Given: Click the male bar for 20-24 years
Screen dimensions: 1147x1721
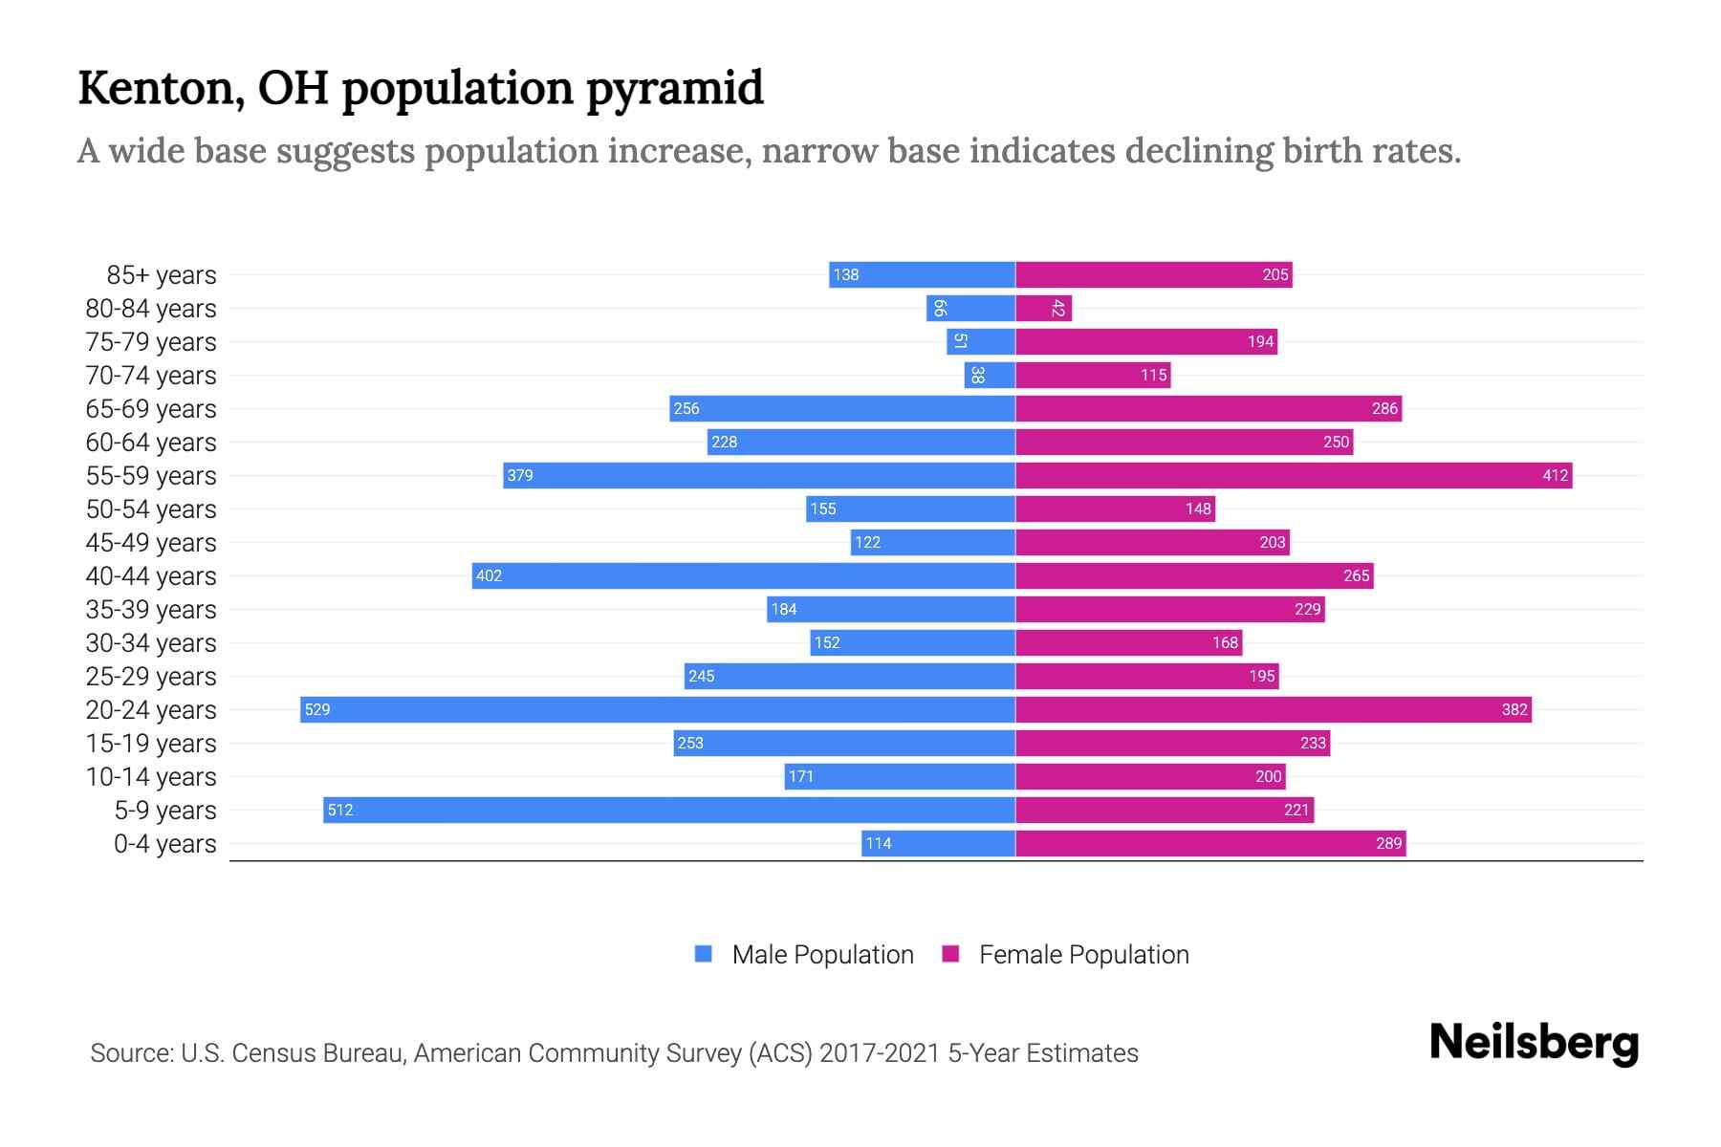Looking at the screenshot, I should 658,709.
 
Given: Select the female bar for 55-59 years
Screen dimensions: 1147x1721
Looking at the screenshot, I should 1293,475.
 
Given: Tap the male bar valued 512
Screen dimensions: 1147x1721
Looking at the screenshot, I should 669,810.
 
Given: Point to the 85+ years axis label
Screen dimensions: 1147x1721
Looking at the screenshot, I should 161,275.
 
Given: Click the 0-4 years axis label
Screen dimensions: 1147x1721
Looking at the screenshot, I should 164,844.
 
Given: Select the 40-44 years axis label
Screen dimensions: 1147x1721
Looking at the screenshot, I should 151,576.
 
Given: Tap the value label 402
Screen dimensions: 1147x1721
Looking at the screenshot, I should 489,575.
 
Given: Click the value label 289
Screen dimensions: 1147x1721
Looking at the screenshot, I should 1388,843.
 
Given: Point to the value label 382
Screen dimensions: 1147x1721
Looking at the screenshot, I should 1514,709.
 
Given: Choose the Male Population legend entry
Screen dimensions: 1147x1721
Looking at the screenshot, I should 822,955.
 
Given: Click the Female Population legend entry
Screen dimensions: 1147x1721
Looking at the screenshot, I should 1083,955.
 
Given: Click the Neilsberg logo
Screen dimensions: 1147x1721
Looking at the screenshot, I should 1534,1043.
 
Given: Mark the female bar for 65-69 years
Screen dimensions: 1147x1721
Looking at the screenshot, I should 1208,408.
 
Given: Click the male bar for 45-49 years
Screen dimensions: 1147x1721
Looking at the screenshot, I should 932,542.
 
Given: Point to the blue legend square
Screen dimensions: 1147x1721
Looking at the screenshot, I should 704,954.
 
